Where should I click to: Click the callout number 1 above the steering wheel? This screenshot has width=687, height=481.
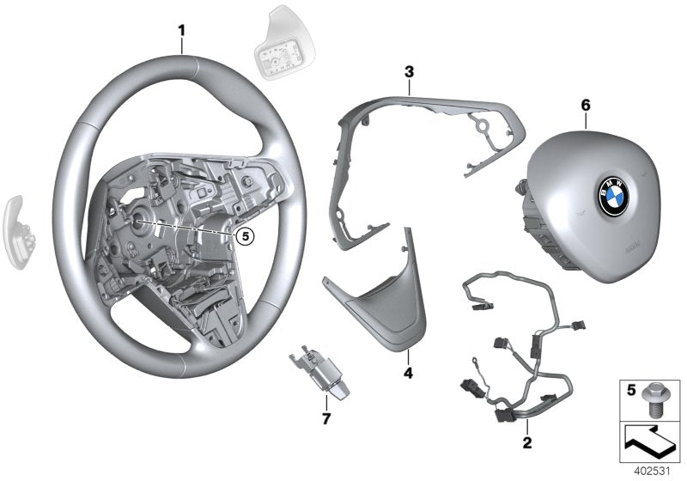click(181, 31)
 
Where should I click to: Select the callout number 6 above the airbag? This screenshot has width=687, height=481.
click(587, 104)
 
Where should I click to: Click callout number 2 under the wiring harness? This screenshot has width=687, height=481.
click(526, 443)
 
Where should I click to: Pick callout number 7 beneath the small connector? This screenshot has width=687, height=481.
click(325, 417)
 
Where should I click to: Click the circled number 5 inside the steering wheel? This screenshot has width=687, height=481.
click(245, 233)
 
